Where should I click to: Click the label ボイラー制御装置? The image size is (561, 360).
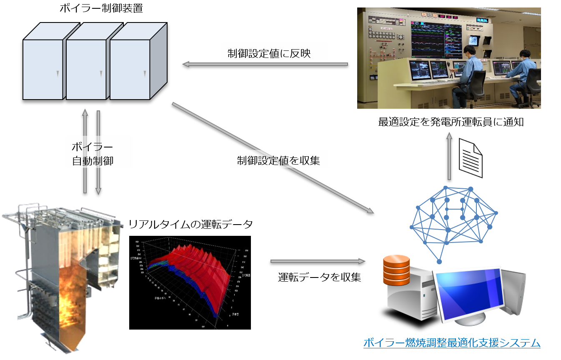[x=101, y=8]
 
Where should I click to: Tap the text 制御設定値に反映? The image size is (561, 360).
[x=269, y=54]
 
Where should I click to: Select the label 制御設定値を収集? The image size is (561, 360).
[x=278, y=161]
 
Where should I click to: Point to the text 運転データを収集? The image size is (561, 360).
[x=319, y=277]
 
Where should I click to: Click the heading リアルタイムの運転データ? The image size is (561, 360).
[x=190, y=225]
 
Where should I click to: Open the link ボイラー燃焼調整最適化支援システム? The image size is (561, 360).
[x=452, y=343]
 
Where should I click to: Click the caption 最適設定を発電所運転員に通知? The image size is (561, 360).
[x=451, y=122]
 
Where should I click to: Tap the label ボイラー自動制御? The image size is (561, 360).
[x=92, y=154]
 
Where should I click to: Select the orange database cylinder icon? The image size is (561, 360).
[x=396, y=270]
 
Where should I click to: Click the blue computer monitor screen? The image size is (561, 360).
[x=467, y=293]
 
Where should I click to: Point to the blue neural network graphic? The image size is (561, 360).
[x=452, y=221]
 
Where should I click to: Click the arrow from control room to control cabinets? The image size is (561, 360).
[x=265, y=64]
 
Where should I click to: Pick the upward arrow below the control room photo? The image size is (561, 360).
[x=449, y=156]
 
